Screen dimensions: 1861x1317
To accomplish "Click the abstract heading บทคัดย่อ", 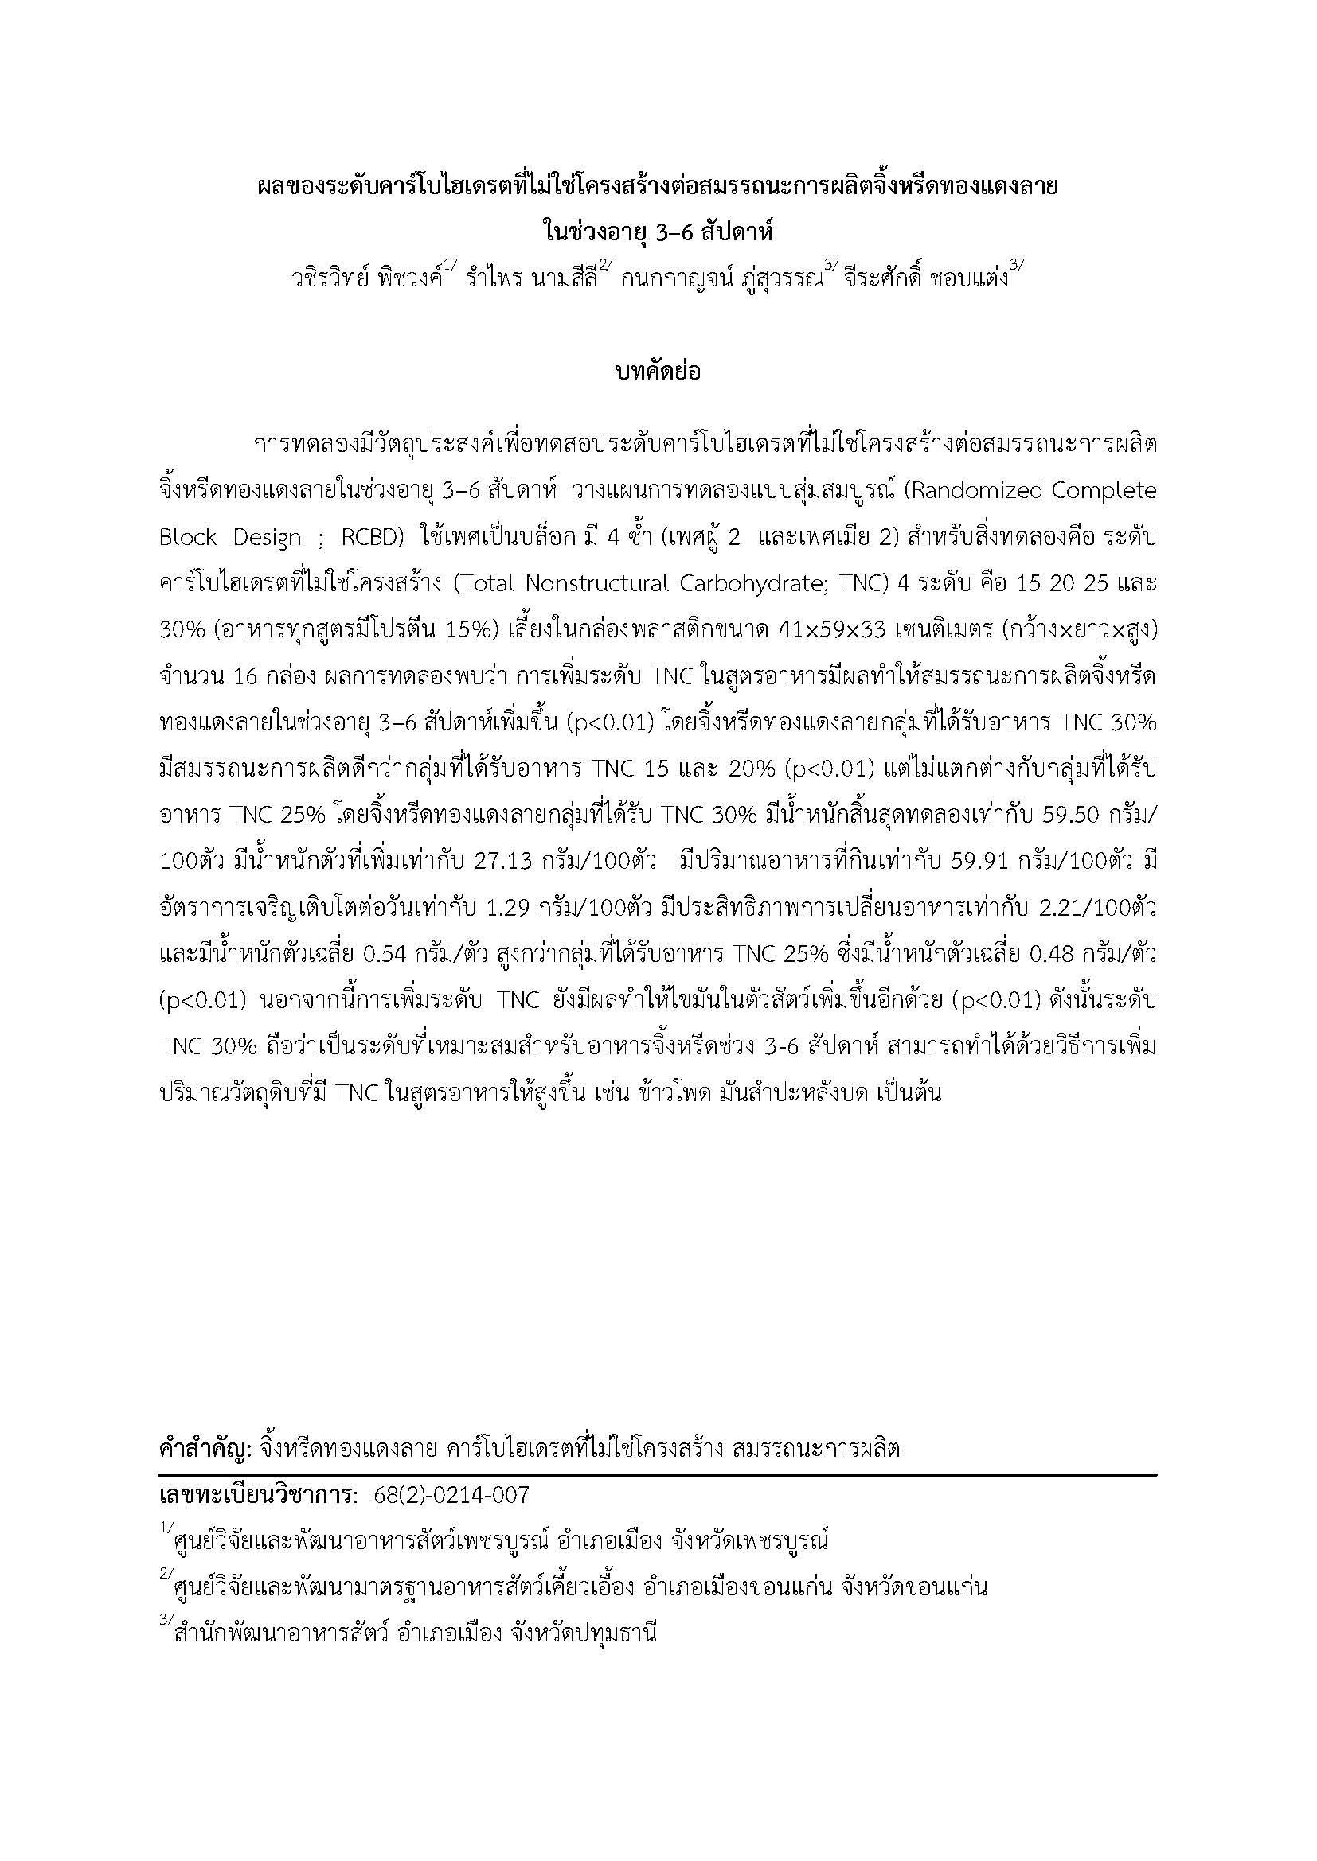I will (x=658, y=372).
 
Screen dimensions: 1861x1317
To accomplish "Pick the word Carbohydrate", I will (x=751, y=583).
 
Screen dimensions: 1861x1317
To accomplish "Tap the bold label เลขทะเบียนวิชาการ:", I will (x=258, y=1495).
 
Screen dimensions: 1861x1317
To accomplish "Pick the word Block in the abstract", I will (x=188, y=537).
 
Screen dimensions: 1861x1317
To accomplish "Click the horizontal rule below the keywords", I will (x=658, y=1474).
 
